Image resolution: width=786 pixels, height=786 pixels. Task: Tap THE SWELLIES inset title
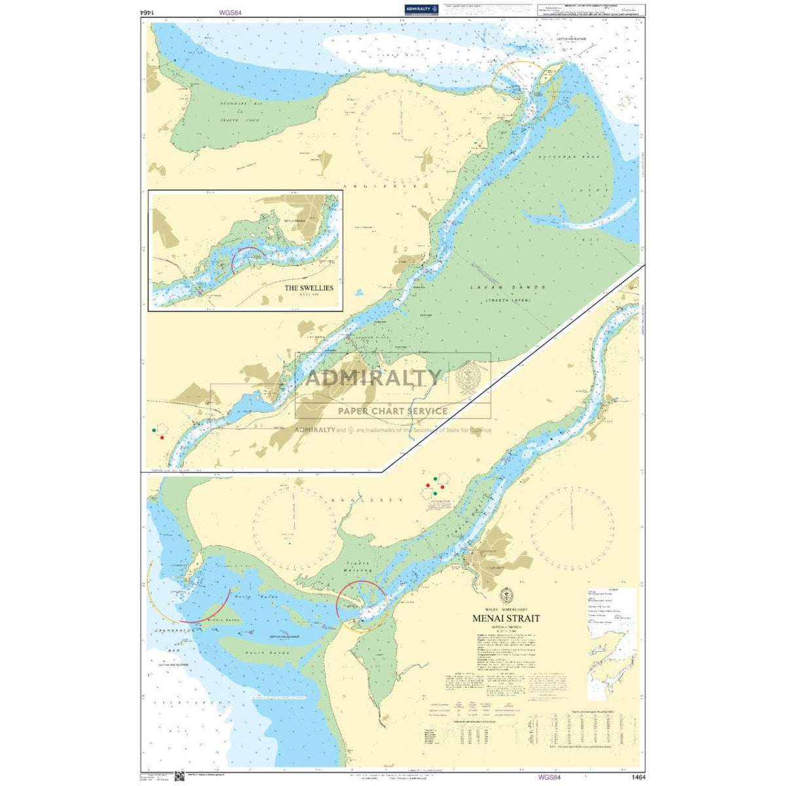coord(309,288)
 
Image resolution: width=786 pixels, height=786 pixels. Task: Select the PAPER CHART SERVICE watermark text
coord(392,411)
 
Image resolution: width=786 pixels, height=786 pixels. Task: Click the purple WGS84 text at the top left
coord(231,11)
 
